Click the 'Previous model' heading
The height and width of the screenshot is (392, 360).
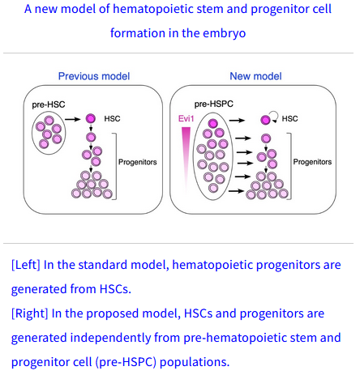pyautogui.click(x=94, y=76)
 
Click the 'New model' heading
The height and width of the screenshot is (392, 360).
pyautogui.click(x=255, y=76)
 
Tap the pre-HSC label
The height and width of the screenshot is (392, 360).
pyautogui.click(x=49, y=104)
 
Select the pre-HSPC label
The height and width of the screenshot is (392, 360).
pyautogui.click(x=214, y=104)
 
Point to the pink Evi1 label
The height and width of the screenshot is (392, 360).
pyautogui.click(x=186, y=118)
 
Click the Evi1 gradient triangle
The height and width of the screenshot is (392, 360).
pyautogui.click(x=186, y=160)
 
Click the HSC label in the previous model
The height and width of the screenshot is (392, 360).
pyautogui.click(x=112, y=119)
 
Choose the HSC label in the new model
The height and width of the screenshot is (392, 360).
pyautogui.click(x=289, y=119)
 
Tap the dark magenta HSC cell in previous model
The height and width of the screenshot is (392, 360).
pyautogui.click(x=91, y=118)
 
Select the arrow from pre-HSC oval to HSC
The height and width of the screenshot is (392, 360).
pyautogui.click(x=73, y=119)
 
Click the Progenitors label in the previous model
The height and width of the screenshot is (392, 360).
pyautogui.click(x=138, y=162)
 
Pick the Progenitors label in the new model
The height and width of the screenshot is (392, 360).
pyautogui.click(x=312, y=162)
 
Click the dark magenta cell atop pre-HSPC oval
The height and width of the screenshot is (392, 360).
pyautogui.click(x=213, y=123)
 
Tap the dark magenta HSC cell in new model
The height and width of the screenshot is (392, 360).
pyautogui.click(x=265, y=120)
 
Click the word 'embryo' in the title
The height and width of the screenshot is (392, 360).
pyautogui.click(x=225, y=33)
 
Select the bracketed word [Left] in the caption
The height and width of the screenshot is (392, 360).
pyautogui.click(x=26, y=265)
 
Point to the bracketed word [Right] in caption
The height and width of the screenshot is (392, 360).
pyautogui.click(x=30, y=313)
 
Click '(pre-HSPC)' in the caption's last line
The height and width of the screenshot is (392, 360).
pyautogui.click(x=126, y=362)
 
